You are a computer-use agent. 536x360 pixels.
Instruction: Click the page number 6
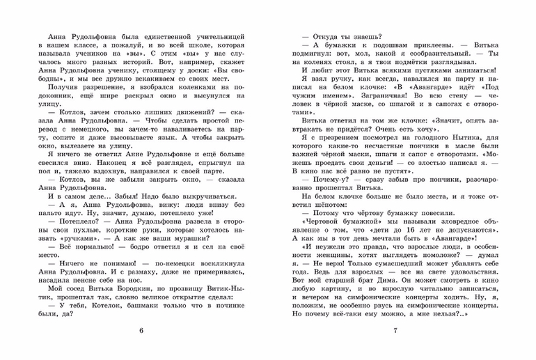tap(141, 329)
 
